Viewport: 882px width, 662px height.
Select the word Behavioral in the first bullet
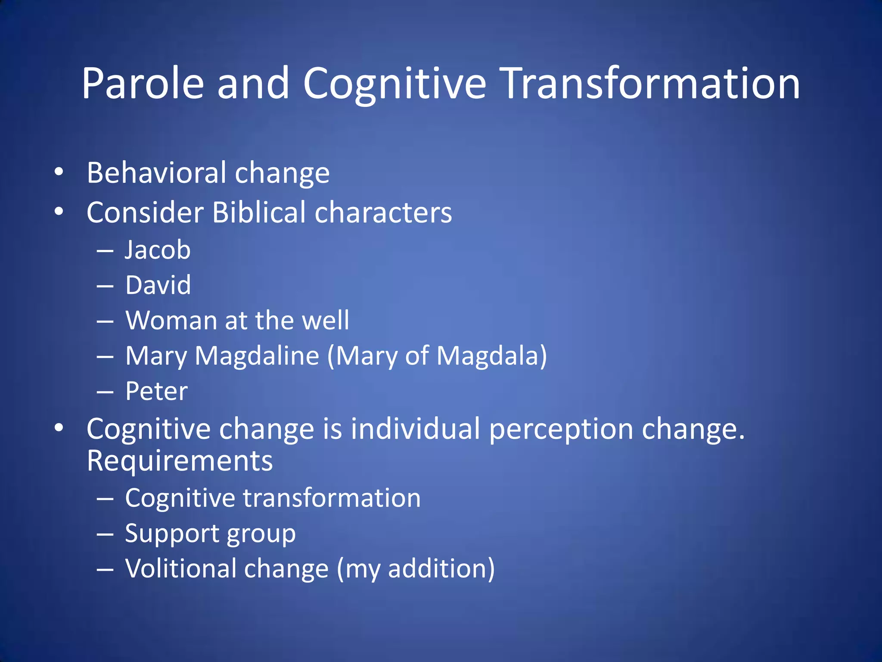click(x=156, y=173)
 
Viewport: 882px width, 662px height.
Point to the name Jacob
click(x=158, y=250)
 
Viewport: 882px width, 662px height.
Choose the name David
click(x=158, y=285)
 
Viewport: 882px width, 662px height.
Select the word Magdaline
click(x=257, y=356)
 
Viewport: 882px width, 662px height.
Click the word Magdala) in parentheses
click(x=492, y=356)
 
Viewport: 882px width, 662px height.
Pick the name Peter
click(x=156, y=391)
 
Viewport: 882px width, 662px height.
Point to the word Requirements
click(x=180, y=461)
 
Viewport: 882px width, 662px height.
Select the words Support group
click(x=210, y=534)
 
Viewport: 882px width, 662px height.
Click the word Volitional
click(x=180, y=568)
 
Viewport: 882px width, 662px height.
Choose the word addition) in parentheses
click(x=441, y=568)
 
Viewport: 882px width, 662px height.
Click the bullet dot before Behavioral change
click(x=59, y=172)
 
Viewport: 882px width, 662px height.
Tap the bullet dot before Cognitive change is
click(x=59, y=428)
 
